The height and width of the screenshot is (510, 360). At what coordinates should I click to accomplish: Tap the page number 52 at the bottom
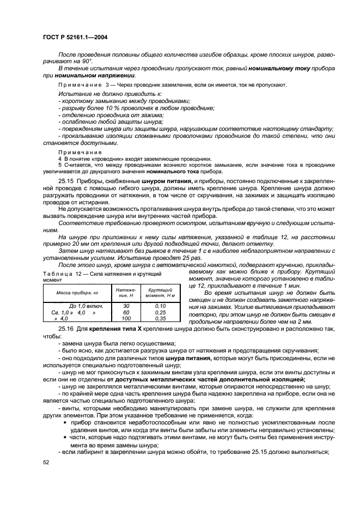tap(45, 462)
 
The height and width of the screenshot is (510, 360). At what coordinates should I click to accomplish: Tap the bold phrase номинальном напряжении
tap(92, 77)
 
